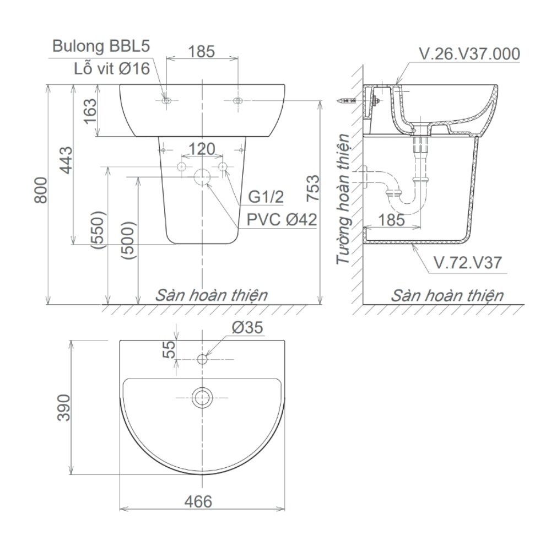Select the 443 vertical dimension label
(x=64, y=160)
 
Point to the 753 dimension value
(x=312, y=190)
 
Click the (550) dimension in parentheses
(x=100, y=231)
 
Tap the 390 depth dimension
(x=65, y=407)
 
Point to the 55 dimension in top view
(x=170, y=349)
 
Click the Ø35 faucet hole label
(x=247, y=328)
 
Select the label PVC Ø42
(x=282, y=220)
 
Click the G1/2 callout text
(x=266, y=197)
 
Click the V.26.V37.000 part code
(x=469, y=54)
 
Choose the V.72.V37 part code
(x=467, y=263)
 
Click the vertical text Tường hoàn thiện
(x=344, y=199)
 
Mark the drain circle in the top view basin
(x=202, y=396)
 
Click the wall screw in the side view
(x=346, y=101)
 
